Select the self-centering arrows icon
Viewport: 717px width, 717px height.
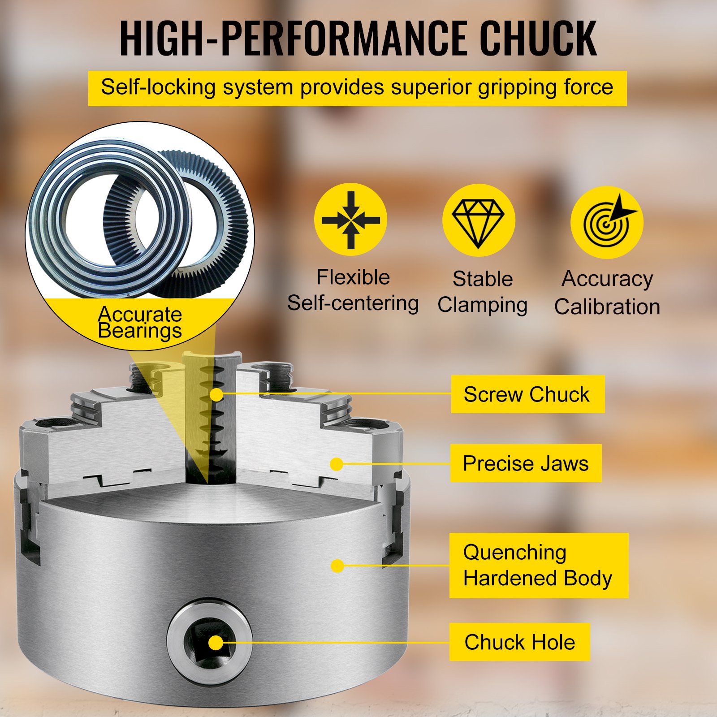pos(350,220)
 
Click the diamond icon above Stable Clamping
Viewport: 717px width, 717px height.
pos(479,220)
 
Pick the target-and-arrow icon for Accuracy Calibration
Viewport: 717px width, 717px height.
pos(607,222)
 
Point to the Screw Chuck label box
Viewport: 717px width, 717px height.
pos(527,394)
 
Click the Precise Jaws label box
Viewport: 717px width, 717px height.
pos(526,463)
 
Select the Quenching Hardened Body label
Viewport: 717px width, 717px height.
pos(539,565)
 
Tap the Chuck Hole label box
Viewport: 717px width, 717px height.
pos(519,642)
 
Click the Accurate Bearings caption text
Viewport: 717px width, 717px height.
pos(140,323)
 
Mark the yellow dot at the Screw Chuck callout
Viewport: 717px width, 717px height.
pos(216,395)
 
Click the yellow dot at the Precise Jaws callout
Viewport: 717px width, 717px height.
pos(337,464)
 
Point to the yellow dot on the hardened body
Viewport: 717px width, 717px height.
pos(337,566)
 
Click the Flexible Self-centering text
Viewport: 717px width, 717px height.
pos(353,290)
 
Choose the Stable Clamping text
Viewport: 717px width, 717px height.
pos(483,292)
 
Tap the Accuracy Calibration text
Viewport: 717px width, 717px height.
pos(607,293)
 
